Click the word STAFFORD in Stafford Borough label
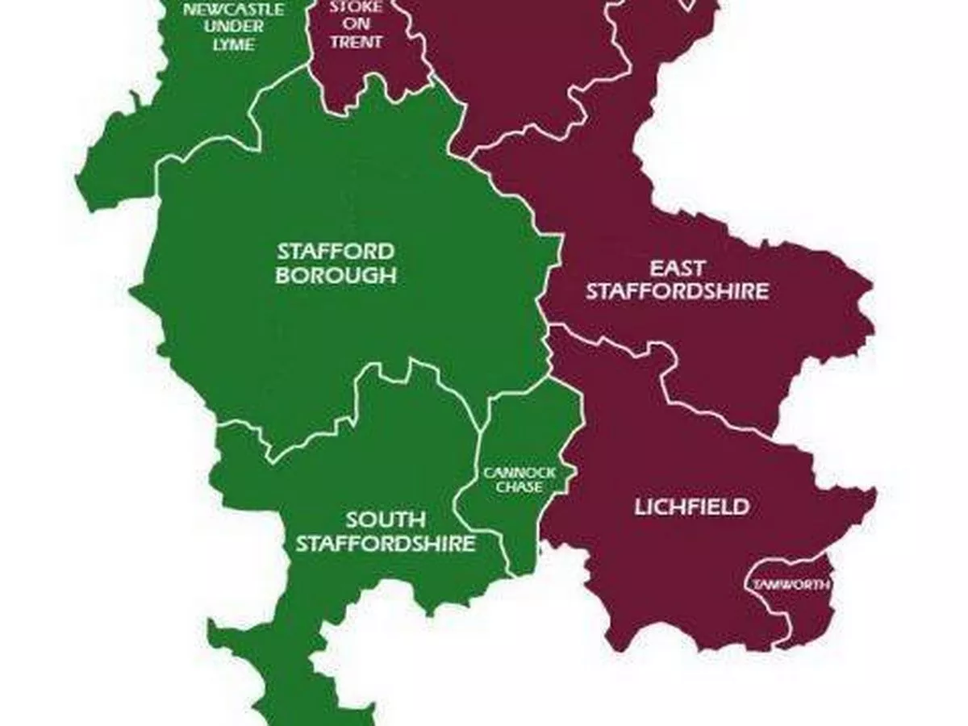pos(336,250)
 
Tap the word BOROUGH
pos(336,275)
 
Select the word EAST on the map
pos(678,268)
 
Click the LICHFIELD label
pos(691,507)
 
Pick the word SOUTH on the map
pos(386,519)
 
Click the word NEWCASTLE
pos(233,10)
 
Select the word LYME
pos(233,44)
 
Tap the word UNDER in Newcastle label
pos(233,27)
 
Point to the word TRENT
pos(355,42)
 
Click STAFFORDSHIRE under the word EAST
pos(678,291)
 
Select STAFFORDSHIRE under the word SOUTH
pos(386,544)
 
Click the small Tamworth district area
pos(795,613)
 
